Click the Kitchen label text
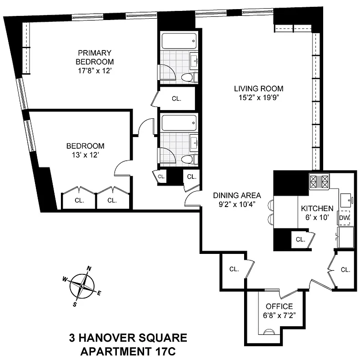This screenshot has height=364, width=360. pyautogui.click(x=317, y=208)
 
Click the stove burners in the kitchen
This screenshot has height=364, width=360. pyautogui.click(x=320, y=182)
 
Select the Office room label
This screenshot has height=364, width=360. pyautogui.click(x=279, y=306)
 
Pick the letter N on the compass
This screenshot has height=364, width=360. pyautogui.click(x=90, y=268)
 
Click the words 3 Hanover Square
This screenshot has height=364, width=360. pyautogui.click(x=128, y=338)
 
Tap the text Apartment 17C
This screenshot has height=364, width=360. pyautogui.click(x=128, y=351)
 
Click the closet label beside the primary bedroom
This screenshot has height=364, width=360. pyautogui.click(x=176, y=99)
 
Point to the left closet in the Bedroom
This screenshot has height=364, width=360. pyautogui.click(x=79, y=200)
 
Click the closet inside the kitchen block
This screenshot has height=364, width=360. pyautogui.click(x=300, y=239)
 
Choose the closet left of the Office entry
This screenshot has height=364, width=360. pyautogui.click(x=234, y=269)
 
